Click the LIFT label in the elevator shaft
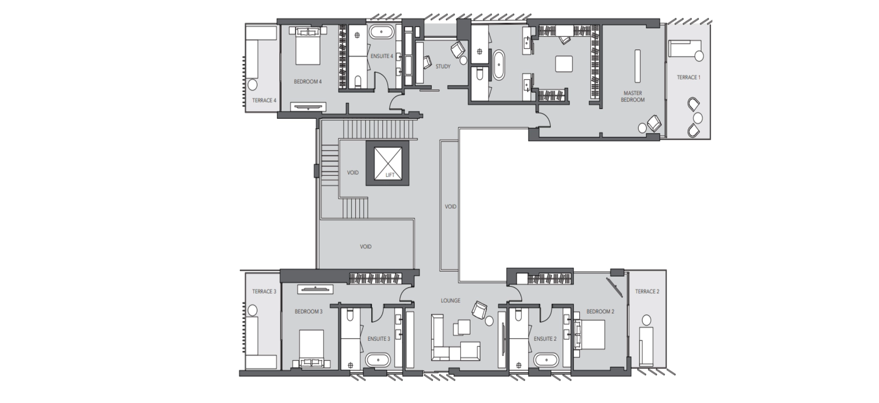click(x=390, y=175)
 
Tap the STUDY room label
click(x=443, y=66)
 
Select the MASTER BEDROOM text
click(x=633, y=96)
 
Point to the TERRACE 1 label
click(x=689, y=78)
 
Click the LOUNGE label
click(x=450, y=301)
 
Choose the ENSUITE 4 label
click(x=382, y=56)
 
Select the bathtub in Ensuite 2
click(x=546, y=360)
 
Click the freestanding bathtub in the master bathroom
click(x=499, y=65)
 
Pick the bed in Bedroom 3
click(x=311, y=349)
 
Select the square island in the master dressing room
click(x=564, y=64)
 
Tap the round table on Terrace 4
click(x=252, y=85)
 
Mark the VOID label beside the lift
click(x=353, y=173)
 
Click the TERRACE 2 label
click(x=647, y=292)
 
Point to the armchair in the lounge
click(x=479, y=310)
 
